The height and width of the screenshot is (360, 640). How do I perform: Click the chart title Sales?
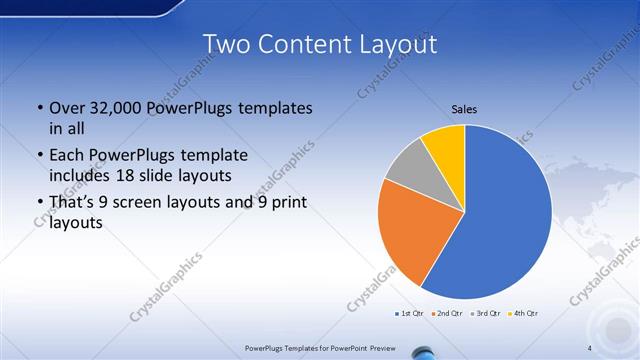coord(463,108)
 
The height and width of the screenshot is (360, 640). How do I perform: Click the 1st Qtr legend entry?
coord(408,314)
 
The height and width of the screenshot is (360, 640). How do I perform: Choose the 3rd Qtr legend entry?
coord(485,314)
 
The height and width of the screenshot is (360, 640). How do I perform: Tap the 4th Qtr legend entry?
coord(525,314)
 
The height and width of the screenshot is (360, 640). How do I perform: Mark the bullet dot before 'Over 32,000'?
coord(39,108)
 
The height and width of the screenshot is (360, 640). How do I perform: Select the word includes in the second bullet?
coord(80,176)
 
